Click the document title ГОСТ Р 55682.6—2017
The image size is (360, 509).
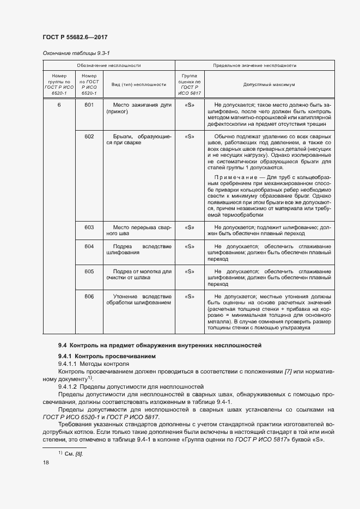pos(74,38)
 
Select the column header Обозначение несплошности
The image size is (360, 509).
pos(108,65)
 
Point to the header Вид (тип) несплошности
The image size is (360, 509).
pos(138,85)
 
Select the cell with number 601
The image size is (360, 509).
pos(89,105)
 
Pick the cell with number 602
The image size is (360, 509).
pos(89,136)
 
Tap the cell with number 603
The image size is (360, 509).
pos(89,227)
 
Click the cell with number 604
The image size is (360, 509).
pos(89,247)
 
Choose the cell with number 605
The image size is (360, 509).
pos(89,271)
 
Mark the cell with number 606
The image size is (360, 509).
pos(89,296)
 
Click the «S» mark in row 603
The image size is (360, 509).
pos(190,227)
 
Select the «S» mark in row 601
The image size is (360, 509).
pos(190,105)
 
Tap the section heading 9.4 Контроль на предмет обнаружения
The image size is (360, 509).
pos(160,345)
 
